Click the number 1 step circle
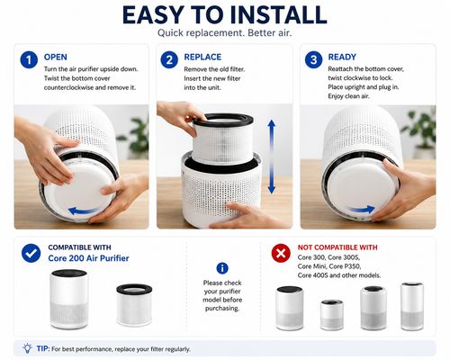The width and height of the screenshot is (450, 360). (x=29, y=59)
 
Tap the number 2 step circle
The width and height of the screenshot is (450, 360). (x=169, y=59)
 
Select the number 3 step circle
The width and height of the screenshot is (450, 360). (x=313, y=59)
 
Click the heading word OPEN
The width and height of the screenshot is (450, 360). (x=56, y=57)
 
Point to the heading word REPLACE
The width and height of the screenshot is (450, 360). (x=202, y=57)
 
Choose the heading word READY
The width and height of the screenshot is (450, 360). (x=342, y=57)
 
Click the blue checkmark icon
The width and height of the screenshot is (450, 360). (x=31, y=253)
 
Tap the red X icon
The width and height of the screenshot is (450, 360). (x=281, y=253)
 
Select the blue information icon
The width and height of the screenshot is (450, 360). (x=222, y=268)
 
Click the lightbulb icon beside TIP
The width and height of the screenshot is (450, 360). (x=27, y=348)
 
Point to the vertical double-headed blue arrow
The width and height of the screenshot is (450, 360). (x=272, y=157)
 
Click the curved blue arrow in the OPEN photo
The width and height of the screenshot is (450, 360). (x=85, y=211)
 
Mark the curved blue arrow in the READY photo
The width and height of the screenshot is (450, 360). (x=361, y=209)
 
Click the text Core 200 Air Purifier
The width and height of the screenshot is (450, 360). (x=88, y=258)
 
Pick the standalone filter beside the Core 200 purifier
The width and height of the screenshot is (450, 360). (x=134, y=305)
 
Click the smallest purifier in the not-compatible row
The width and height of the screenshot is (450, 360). (x=331, y=315)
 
